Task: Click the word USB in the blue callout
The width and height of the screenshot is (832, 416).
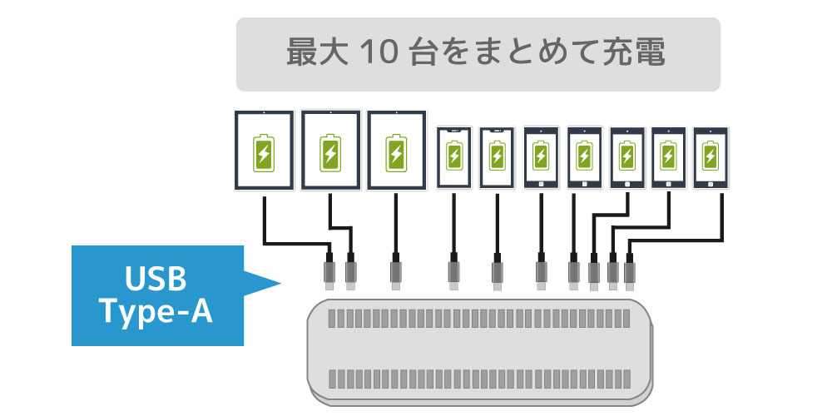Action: point(156,277)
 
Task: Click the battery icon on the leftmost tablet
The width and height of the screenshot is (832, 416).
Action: point(263,152)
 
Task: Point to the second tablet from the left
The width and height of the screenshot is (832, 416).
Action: point(331,151)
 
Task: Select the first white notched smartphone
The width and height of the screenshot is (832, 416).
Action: point(454,156)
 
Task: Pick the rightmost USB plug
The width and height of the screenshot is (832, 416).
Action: point(630,272)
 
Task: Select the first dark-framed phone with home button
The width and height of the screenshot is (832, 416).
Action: point(541,156)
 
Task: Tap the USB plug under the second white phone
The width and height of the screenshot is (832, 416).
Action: point(498,272)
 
